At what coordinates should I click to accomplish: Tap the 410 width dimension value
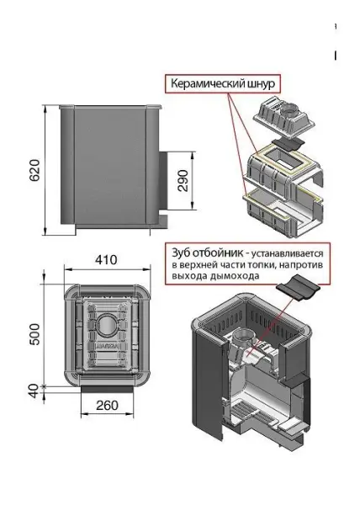[105, 260]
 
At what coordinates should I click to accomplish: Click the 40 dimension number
[31, 391]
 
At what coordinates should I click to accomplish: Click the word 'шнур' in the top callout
[259, 84]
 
